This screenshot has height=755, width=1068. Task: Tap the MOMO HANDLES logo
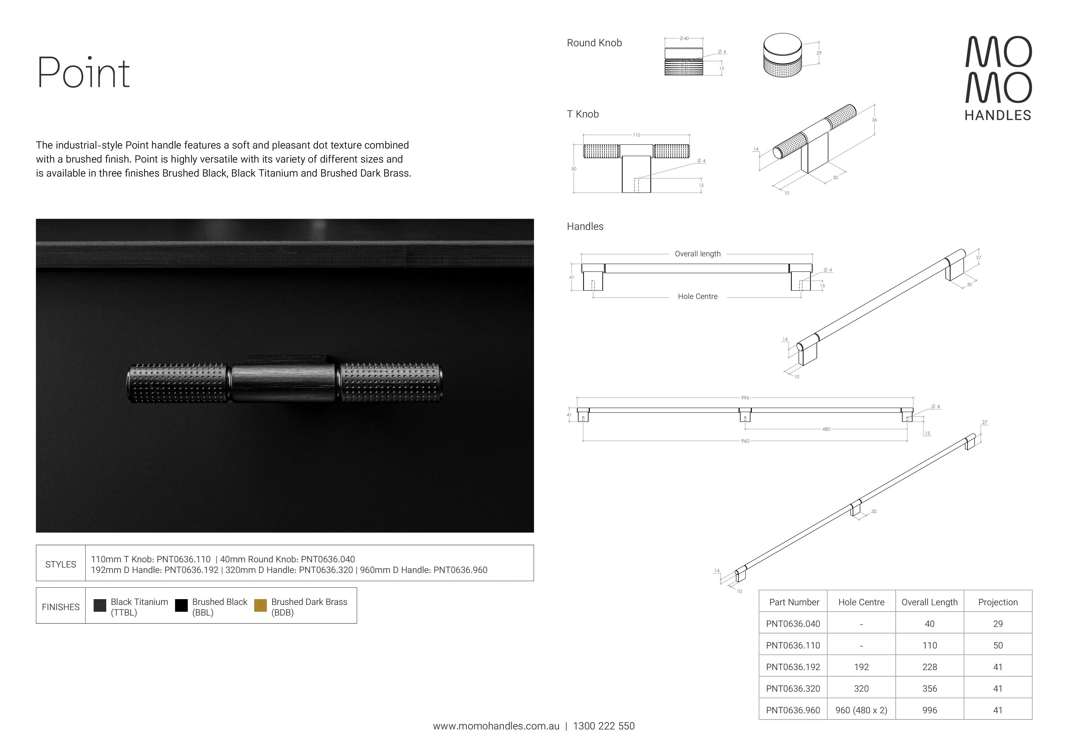pos(998,78)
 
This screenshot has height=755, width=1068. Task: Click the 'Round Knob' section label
pos(594,43)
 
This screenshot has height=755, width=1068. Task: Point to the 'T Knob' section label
pos(582,114)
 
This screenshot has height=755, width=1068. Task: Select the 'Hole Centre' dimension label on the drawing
pos(697,296)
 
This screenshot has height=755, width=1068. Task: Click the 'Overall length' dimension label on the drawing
pos(697,254)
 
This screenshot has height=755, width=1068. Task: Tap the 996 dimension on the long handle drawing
pos(745,398)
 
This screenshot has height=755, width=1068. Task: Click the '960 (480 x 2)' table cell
pos(861,710)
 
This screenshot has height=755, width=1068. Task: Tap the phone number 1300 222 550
pos(603,726)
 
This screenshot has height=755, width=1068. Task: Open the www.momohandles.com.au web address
pos(496,726)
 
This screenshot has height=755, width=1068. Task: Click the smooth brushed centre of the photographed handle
pos(283,383)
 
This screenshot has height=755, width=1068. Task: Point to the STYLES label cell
pos(61,564)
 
